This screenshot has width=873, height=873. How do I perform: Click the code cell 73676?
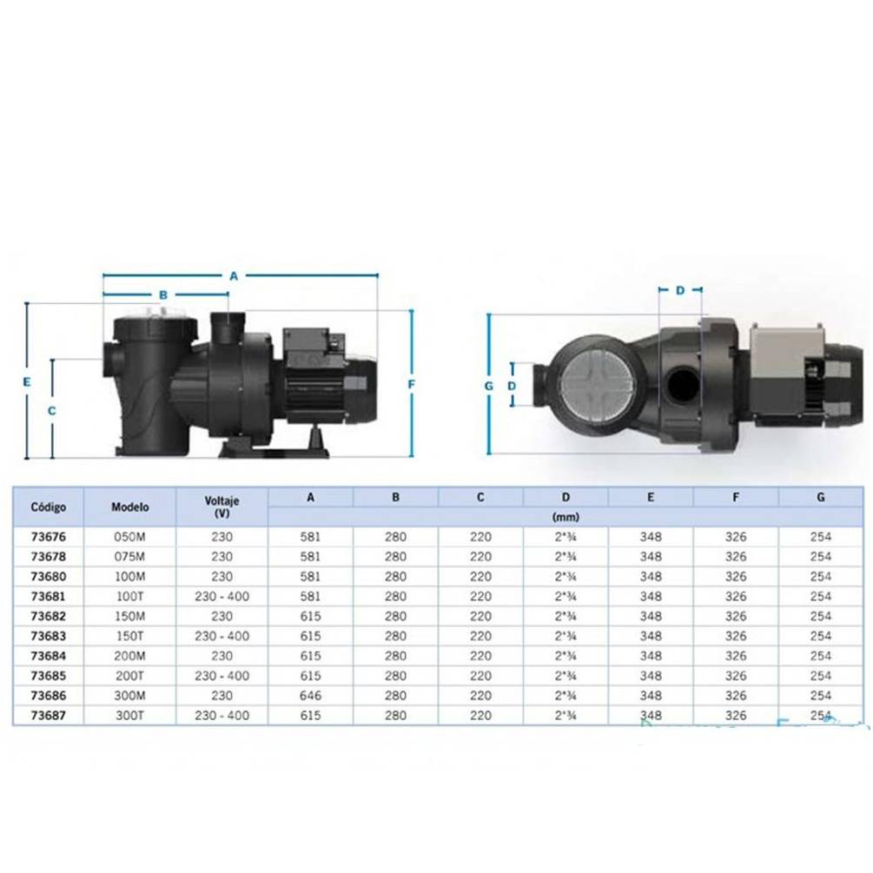click(49, 537)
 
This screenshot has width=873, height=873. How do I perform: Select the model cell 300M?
click(129, 696)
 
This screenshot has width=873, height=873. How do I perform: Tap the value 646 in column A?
click(310, 696)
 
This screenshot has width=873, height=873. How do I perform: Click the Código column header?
click(49, 506)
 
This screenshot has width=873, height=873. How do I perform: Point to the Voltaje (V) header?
click(222, 506)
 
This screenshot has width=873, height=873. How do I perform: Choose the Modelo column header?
click(129, 506)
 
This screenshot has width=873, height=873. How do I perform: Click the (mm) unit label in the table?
click(565, 517)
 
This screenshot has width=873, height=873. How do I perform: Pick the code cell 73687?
click(49, 716)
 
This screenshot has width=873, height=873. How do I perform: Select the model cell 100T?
click(129, 596)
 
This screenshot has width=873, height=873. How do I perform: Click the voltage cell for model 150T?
click(222, 636)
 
